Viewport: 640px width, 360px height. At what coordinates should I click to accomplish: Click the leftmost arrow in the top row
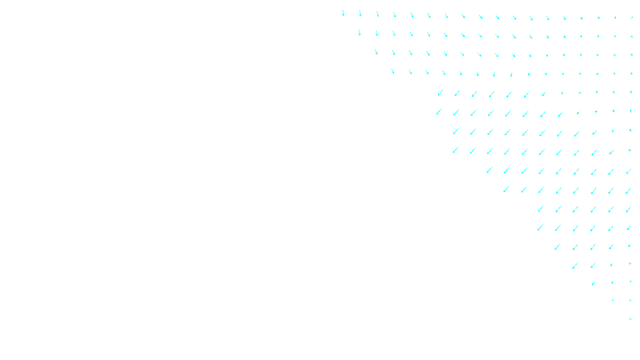[x=343, y=13]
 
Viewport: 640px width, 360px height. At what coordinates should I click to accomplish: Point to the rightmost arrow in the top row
[x=632, y=18]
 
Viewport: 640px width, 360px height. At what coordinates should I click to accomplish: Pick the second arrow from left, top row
[x=360, y=14]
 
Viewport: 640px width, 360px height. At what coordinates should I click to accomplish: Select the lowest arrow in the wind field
[x=630, y=319]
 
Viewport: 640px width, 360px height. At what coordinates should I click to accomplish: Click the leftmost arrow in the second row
[x=359, y=32]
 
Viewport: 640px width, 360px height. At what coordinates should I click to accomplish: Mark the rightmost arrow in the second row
[x=632, y=37]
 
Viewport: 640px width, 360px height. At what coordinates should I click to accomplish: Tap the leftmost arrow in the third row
[x=376, y=52]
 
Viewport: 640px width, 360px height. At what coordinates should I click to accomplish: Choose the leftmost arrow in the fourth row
[x=393, y=71]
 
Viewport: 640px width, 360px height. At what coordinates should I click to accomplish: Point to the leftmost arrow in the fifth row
[x=440, y=93]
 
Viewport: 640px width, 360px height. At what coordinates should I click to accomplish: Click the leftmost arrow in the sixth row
[x=439, y=112]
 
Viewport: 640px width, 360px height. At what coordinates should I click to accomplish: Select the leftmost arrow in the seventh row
[x=456, y=131]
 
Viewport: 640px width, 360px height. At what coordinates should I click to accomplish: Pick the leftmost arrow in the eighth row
[x=455, y=150]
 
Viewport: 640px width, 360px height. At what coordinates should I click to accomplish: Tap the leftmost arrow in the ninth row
[x=489, y=170]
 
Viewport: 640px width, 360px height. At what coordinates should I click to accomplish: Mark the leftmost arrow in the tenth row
[x=506, y=189]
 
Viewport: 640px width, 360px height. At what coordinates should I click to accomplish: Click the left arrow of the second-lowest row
[x=613, y=300]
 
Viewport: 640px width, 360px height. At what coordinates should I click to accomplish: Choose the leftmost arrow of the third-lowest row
[x=593, y=283]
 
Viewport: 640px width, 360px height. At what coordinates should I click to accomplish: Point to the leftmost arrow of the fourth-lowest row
[x=575, y=266]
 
